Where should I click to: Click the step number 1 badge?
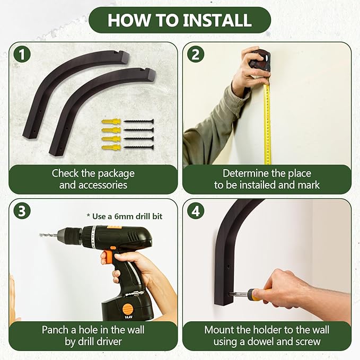pyautogui.click(x=22, y=55)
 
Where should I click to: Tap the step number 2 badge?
pyautogui.click(x=196, y=55)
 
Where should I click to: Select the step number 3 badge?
pyautogui.click(x=22, y=211)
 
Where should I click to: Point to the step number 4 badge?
pyautogui.click(x=196, y=211)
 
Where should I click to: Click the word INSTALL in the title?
pyautogui.click(x=217, y=20)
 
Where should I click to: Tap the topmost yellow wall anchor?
pyautogui.click(x=111, y=121)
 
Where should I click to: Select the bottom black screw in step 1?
pyautogui.click(x=139, y=147)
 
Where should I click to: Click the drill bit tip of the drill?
pyautogui.click(x=40, y=235)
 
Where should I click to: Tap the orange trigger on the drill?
pyautogui.click(x=107, y=256)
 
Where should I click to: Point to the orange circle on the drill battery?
pyautogui.click(x=127, y=309)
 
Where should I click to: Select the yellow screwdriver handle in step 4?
pyautogui.click(x=258, y=295)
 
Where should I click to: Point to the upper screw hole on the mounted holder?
pyautogui.click(x=229, y=266)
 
